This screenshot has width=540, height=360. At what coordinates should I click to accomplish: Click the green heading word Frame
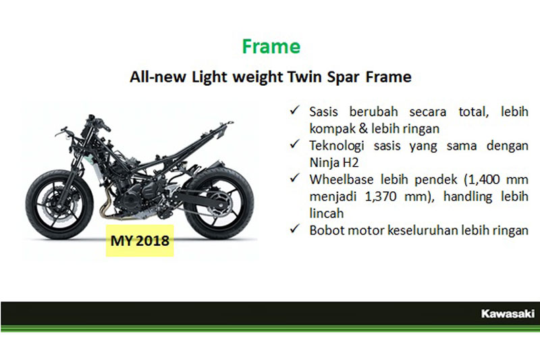click(271, 47)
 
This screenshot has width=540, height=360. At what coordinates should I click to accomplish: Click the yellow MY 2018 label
click(140, 240)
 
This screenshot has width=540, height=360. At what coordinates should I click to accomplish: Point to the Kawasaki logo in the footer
click(508, 313)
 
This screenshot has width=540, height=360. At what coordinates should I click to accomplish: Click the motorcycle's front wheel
click(59, 205)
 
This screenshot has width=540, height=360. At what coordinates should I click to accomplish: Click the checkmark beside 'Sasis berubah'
click(295, 110)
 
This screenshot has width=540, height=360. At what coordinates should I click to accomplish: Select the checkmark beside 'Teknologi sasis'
click(295, 144)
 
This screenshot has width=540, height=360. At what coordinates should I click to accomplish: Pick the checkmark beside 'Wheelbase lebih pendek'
click(295, 178)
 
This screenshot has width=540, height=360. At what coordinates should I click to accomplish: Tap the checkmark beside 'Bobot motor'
click(295, 228)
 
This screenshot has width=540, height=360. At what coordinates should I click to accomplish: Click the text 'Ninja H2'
click(334, 163)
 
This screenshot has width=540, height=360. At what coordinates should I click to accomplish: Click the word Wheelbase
click(342, 180)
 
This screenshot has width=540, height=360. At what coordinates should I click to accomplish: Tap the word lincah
click(327, 213)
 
